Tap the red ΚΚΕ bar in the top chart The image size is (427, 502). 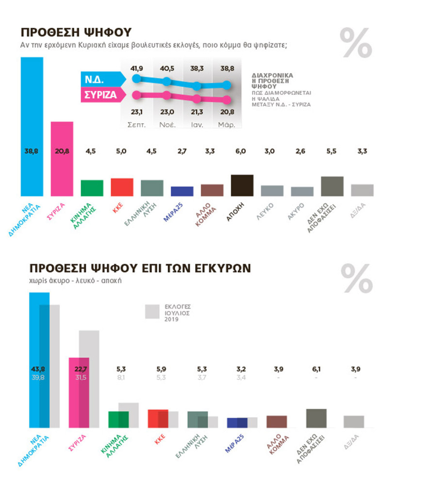coord(122,187)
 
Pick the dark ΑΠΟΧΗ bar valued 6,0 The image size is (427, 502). coord(242,185)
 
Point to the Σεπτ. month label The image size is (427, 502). coord(137,125)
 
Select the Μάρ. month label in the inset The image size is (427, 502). coord(227,125)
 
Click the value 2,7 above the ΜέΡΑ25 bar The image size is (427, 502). coord(182,151)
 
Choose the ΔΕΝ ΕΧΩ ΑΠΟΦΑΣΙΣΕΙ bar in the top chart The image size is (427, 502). coord(332,186)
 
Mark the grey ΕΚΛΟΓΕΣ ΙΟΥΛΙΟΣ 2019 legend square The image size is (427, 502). coord(152,311)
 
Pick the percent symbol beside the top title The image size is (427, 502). coord(356,43)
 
